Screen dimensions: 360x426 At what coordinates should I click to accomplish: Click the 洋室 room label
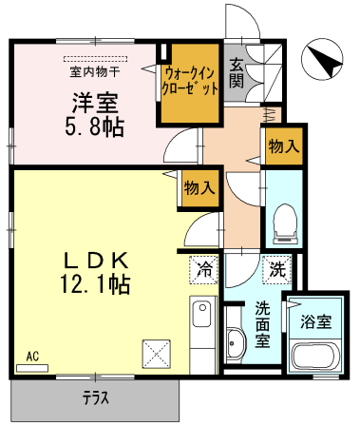95,103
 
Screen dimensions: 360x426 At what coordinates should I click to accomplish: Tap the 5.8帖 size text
94,127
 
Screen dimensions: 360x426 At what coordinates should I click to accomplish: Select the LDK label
96,261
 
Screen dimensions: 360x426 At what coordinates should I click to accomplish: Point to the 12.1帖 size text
95,284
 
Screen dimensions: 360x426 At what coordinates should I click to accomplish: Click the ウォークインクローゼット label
190,82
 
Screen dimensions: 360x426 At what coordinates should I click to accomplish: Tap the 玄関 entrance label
237,73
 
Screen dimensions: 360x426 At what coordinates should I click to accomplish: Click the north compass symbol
322,58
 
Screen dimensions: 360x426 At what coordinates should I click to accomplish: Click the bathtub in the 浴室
315,357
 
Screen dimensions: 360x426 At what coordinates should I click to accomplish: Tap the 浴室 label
315,322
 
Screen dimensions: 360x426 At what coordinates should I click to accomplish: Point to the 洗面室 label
262,324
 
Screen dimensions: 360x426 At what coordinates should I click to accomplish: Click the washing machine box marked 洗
276,269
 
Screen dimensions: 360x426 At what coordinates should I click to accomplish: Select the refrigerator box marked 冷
204,269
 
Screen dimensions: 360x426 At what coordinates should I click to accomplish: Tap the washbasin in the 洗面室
237,344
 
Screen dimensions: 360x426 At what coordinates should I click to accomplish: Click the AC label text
32,357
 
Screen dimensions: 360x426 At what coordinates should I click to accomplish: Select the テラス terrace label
96,398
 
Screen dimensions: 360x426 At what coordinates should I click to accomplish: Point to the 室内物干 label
95,72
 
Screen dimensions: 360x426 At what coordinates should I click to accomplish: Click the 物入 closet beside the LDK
200,188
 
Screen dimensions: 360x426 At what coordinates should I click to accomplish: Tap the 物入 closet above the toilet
284,146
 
